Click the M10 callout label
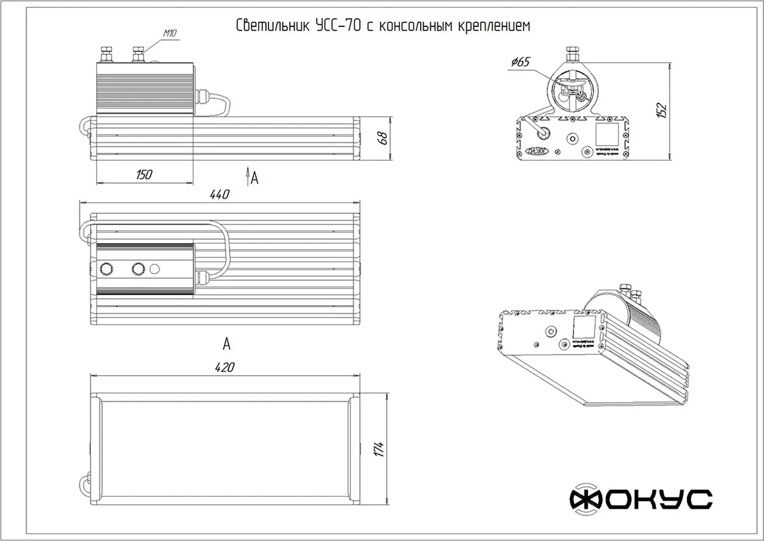[170, 33]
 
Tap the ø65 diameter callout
[520, 62]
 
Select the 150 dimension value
[144, 175]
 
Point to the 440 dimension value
[219, 195]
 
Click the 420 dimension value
[224, 367]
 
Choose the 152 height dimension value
[661, 110]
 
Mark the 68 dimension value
[382, 138]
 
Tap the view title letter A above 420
[227, 343]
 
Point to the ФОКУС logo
[641, 500]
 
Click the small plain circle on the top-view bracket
[155, 269]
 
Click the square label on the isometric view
[583, 328]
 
